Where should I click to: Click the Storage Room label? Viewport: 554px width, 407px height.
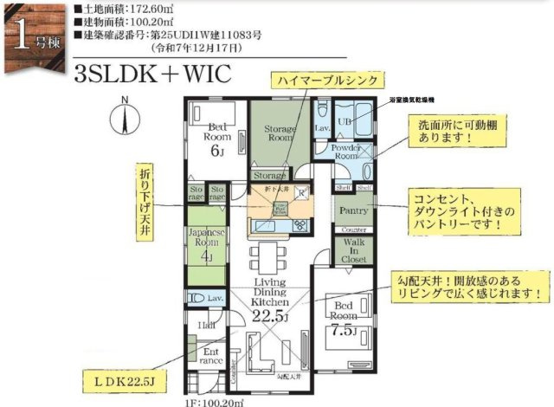coord(280,132)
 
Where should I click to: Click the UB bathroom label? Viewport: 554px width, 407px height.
coord(346,120)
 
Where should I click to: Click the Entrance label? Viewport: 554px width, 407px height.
coord(209,357)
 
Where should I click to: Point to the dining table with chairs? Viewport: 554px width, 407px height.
coord(266,257)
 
